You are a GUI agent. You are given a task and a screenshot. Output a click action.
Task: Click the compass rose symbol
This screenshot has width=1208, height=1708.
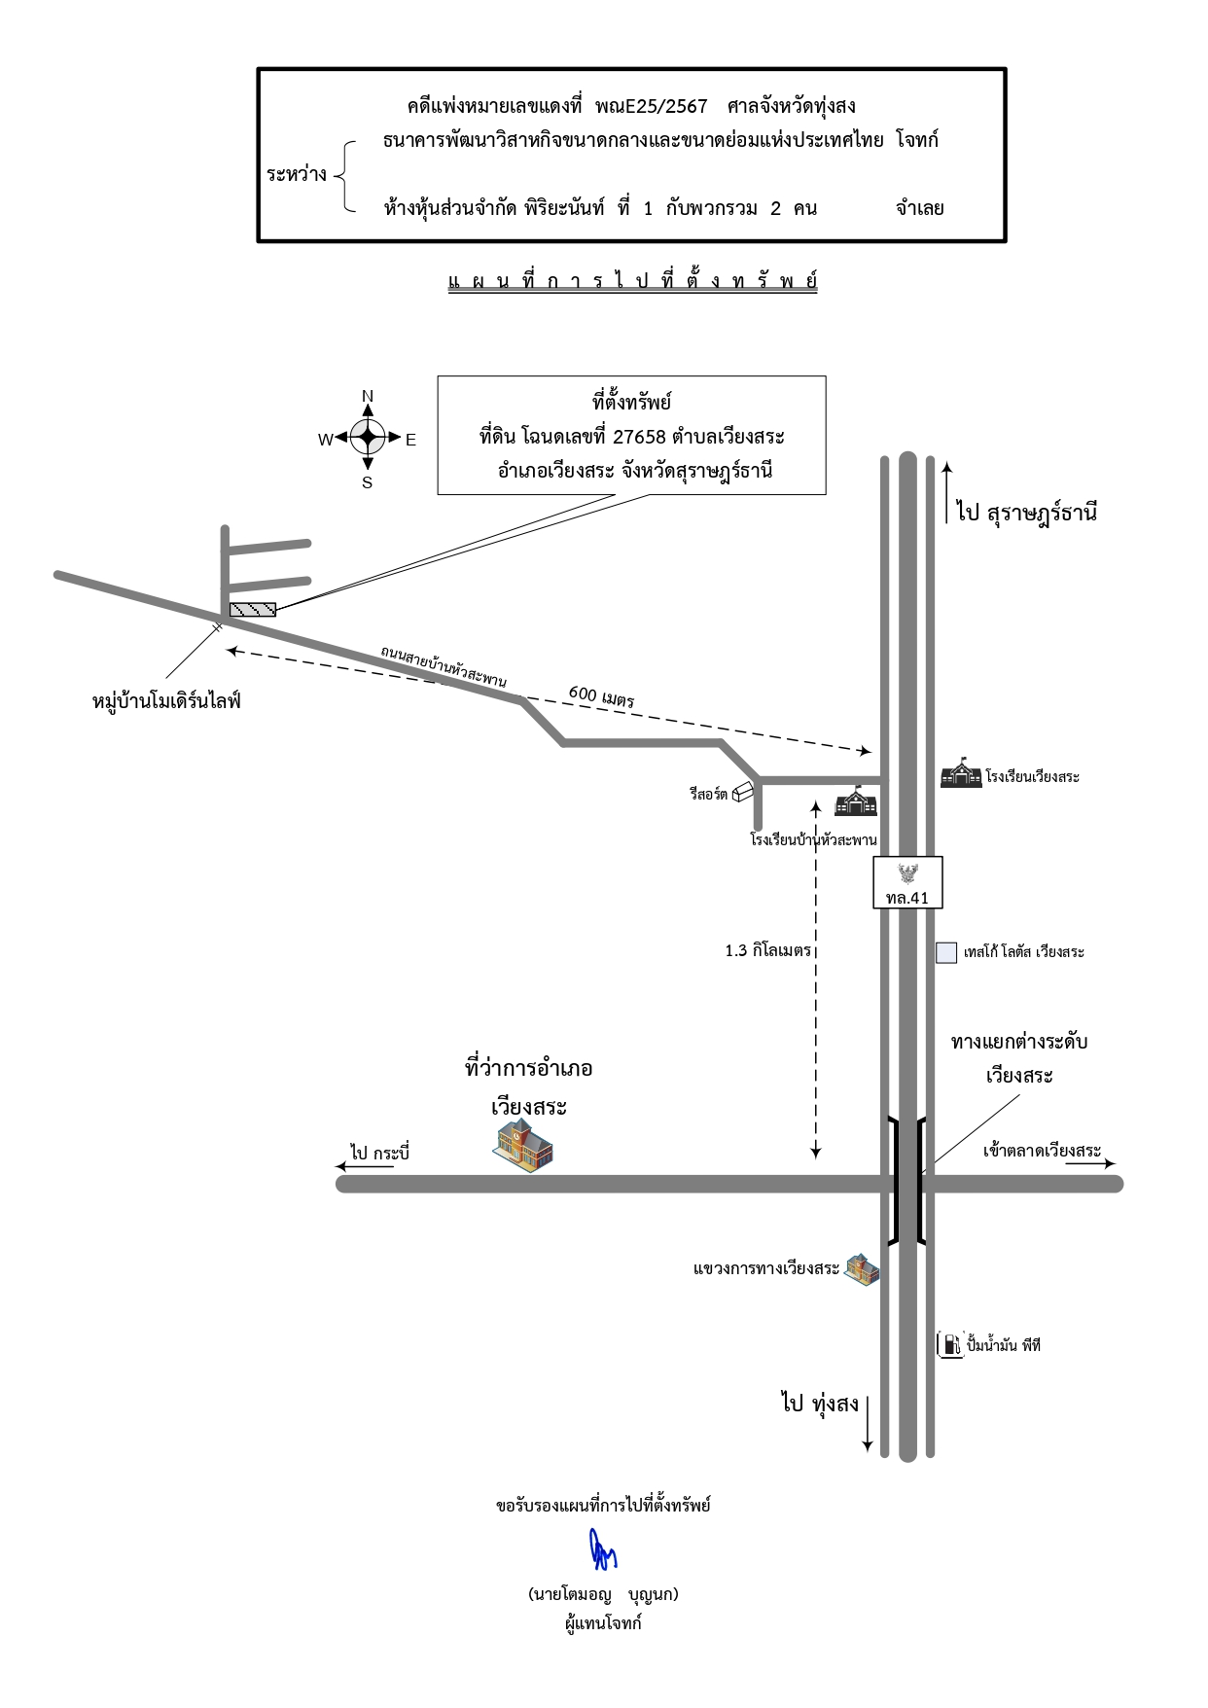pos(368,439)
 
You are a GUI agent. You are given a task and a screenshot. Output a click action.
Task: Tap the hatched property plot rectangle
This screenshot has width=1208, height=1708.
pos(253,610)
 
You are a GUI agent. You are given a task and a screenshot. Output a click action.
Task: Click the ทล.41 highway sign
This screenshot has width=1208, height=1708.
pos(907,882)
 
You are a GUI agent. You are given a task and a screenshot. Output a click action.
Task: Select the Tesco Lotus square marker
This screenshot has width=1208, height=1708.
pos(946,952)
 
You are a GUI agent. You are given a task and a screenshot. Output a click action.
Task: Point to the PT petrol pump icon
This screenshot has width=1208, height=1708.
pos(950,1345)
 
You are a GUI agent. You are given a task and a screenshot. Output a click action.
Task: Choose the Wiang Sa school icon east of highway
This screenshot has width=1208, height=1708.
pos(961,774)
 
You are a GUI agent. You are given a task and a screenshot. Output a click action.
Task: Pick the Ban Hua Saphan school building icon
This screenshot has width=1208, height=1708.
pos(857,801)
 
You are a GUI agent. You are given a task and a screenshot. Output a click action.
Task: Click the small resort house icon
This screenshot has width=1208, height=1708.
pos(744,793)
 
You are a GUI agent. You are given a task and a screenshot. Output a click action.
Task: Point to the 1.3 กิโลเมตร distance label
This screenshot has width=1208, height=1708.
pos(767,951)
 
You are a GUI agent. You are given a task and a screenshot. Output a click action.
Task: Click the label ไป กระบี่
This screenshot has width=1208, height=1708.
pos(381,1154)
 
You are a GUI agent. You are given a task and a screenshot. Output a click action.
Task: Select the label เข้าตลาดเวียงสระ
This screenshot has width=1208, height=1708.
pos(1042,1152)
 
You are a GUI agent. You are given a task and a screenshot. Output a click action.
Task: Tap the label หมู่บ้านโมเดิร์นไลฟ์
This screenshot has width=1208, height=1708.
pos(166,700)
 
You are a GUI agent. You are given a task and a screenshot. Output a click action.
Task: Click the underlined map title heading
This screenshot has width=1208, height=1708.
pos(632,282)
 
